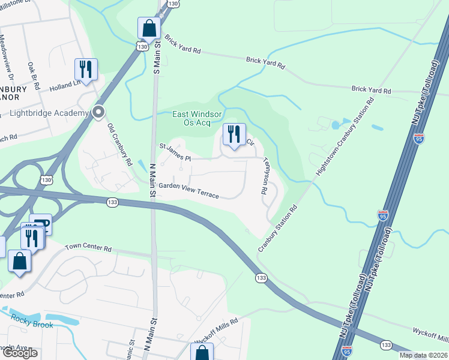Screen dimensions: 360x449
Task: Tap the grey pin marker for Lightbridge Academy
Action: pyautogui.click(x=99, y=112)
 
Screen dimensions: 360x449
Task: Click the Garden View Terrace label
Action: pyautogui.click(x=188, y=191)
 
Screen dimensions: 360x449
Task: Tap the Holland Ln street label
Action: pyautogui.click(x=69, y=86)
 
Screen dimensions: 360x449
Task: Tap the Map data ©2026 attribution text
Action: pyautogui.click(x=423, y=355)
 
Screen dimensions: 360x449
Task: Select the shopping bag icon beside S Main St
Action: pyautogui.click(x=148, y=28)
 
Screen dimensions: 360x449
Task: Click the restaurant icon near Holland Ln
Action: pyautogui.click(x=86, y=69)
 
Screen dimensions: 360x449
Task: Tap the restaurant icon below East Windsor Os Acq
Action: pyautogui.click(x=234, y=134)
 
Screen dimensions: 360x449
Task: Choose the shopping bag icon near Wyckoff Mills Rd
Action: pyautogui.click(x=202, y=353)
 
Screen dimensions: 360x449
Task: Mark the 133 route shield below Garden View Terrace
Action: pyautogui.click(x=112, y=203)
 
